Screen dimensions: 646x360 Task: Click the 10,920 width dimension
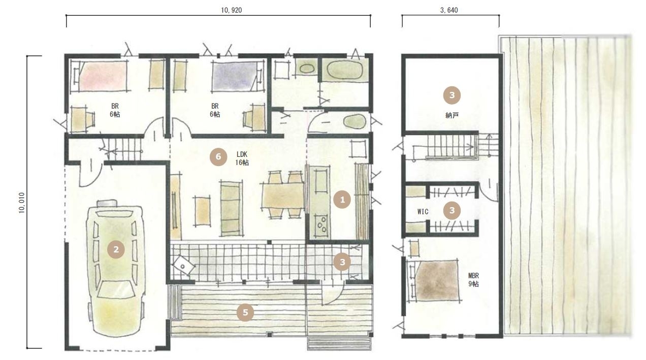coord(231,10)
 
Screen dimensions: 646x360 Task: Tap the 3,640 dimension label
coord(449,10)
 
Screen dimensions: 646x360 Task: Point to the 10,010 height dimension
coord(22,203)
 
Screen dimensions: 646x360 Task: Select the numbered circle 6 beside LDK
coord(218,157)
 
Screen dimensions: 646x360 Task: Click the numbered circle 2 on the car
coord(116,250)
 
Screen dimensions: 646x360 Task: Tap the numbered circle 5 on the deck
coord(245,312)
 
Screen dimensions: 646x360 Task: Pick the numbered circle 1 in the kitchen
coord(342,200)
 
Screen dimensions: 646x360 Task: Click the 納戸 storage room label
coord(452,116)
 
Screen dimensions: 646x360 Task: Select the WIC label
coord(423,212)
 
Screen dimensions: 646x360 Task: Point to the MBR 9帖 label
coord(473,280)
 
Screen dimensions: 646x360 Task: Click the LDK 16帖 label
coord(242,158)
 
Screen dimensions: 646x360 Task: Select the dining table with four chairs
coord(282,195)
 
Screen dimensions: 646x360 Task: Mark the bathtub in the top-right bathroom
coord(345,70)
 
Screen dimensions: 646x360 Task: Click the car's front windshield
coord(116,289)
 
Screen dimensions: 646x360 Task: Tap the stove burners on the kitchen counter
coord(321,225)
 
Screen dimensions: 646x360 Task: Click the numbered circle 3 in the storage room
coord(452,95)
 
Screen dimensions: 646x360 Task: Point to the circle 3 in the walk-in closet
coord(452,211)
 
